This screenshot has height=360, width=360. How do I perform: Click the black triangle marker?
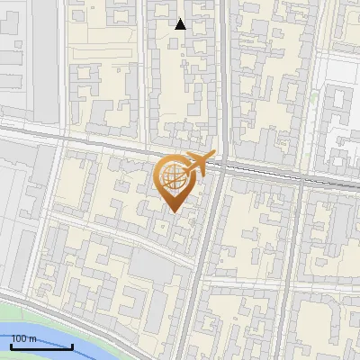point(180,24)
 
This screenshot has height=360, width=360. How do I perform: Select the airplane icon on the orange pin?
point(198,165)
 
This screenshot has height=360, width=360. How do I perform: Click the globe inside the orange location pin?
point(173,177)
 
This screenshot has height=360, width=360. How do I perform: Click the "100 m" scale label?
point(24,339)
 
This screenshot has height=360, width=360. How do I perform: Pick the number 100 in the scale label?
point(20,339)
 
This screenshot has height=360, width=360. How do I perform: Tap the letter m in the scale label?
point(33,339)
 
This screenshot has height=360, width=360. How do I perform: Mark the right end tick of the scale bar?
point(72,345)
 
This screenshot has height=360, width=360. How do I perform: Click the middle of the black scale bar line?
point(40,347)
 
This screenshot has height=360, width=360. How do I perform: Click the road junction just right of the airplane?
point(221,166)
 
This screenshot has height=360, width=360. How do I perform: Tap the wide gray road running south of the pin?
point(202,270)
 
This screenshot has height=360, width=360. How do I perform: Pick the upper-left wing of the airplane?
point(191,158)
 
